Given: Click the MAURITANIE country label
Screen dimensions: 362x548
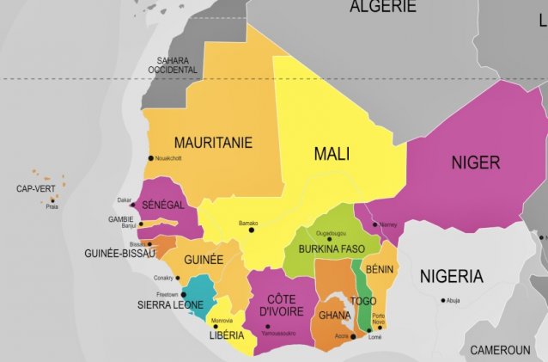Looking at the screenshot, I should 213,143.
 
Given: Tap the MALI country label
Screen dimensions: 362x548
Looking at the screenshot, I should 332,154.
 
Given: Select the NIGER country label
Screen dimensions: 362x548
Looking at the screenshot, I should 477,162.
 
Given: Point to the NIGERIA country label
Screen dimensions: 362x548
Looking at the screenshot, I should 451,276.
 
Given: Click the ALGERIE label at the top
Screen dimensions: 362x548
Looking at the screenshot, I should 382,7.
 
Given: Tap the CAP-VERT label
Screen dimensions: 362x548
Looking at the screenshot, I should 37,188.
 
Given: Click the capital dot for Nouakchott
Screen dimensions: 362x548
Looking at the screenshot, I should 151,158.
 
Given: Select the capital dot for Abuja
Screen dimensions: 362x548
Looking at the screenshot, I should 444,300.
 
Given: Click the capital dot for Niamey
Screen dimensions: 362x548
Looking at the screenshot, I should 374,225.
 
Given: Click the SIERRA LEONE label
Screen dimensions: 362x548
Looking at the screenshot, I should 169,304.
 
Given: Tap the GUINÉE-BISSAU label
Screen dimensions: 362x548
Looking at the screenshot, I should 119,254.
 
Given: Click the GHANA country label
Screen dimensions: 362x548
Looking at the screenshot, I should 334,315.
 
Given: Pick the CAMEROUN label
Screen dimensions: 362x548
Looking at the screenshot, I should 500,350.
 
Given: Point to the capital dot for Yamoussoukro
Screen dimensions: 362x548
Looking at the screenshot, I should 268,327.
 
